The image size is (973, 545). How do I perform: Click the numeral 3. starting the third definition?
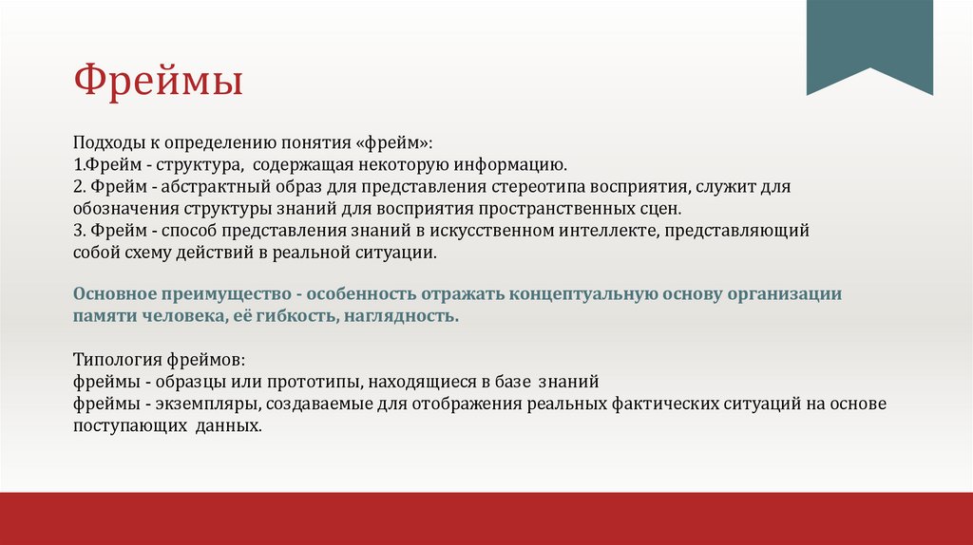click(80, 231)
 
